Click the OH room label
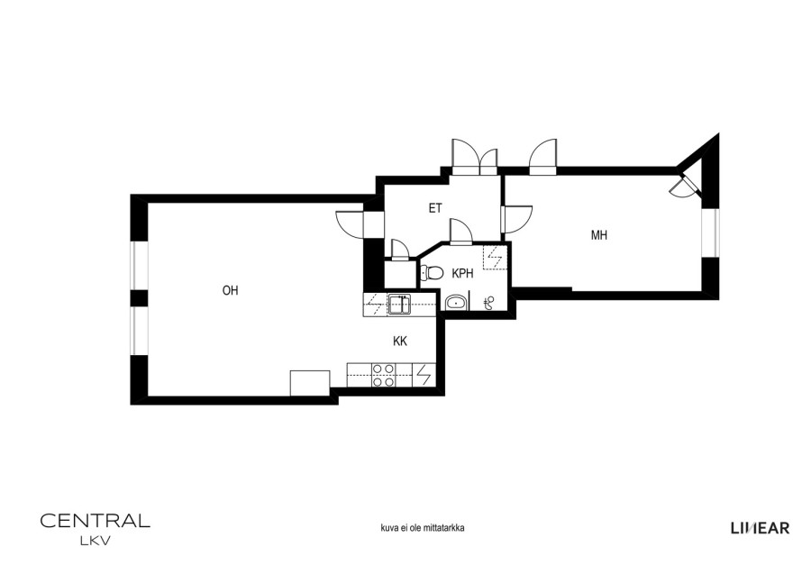(230, 291)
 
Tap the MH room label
(599, 235)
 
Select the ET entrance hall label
(435, 208)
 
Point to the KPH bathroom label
(462, 274)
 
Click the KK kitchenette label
(400, 342)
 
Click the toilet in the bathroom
(432, 272)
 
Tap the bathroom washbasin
(456, 302)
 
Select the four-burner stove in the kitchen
(384, 376)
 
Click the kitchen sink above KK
(399, 304)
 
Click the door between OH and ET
(351, 223)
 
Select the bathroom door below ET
(460, 232)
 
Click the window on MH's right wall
(710, 233)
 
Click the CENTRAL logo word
(96, 520)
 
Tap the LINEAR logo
(761, 528)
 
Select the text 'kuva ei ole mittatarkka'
(423, 528)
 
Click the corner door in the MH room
(684, 185)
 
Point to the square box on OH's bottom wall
(310, 383)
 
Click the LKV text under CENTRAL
(96, 542)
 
